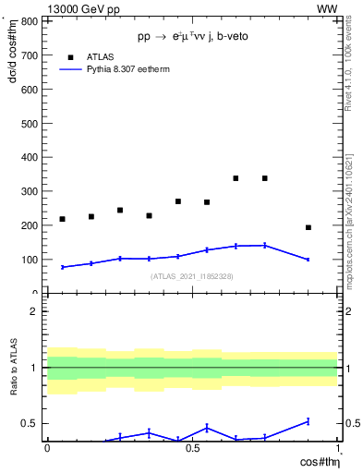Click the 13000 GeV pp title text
(x=80, y=8)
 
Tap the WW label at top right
(x=327, y=8)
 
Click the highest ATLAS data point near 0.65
(x=236, y=178)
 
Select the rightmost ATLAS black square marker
(x=309, y=227)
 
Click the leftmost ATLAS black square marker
(x=62, y=219)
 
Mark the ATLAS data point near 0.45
(x=178, y=201)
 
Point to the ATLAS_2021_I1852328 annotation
(x=192, y=276)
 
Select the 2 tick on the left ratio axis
(x=33, y=311)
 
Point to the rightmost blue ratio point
(x=309, y=421)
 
